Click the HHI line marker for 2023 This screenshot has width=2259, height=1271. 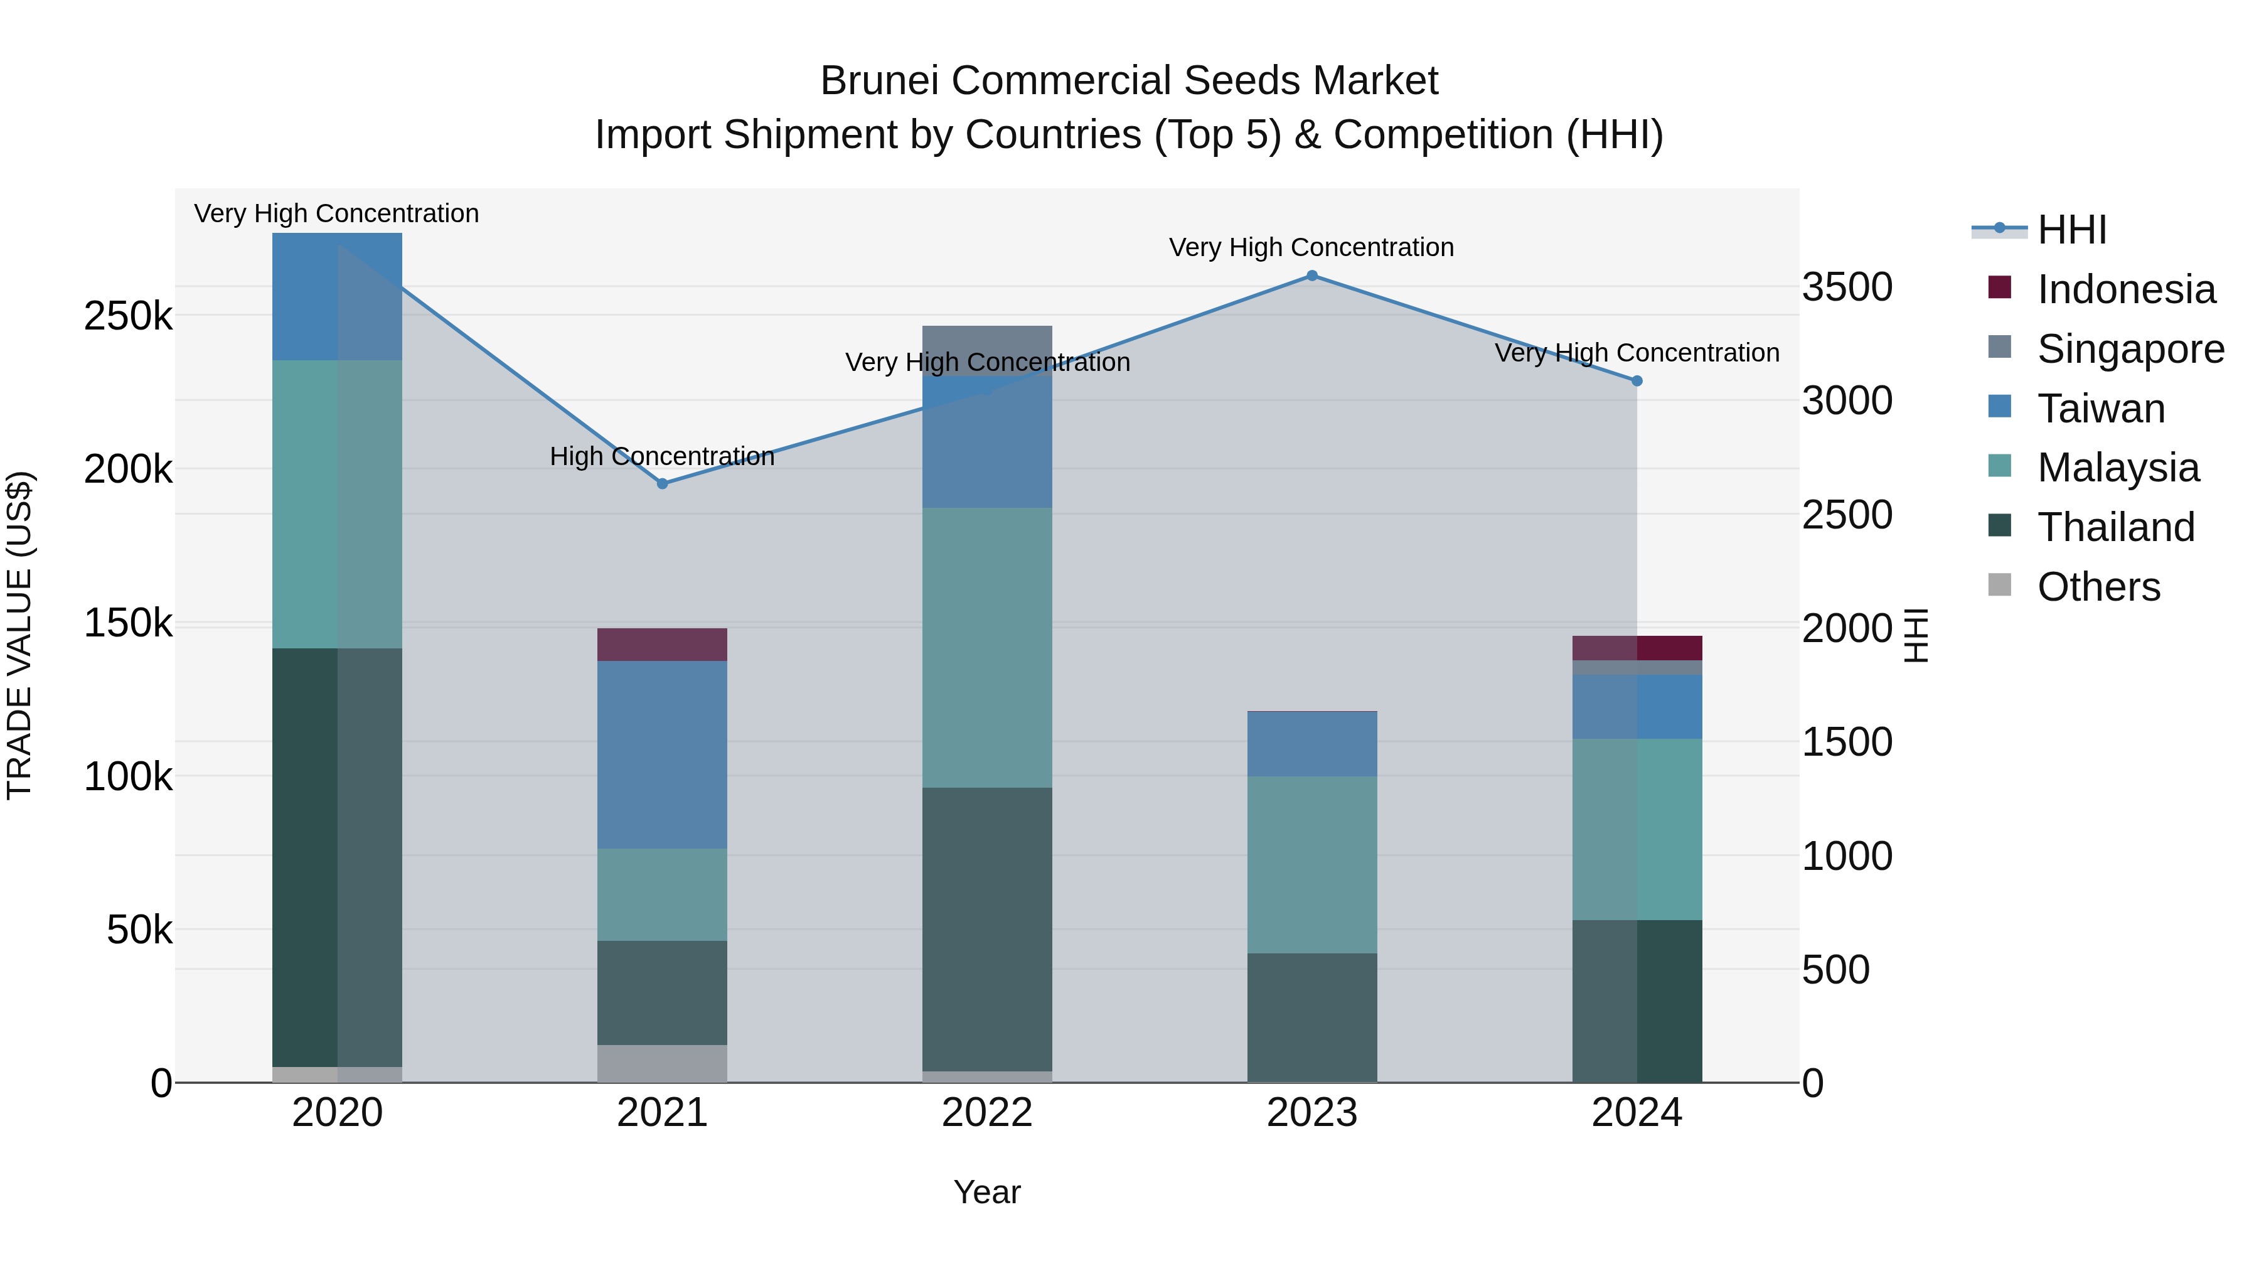click(x=1312, y=276)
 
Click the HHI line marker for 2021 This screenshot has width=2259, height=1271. click(x=662, y=483)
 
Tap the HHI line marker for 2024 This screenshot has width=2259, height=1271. click(x=1637, y=381)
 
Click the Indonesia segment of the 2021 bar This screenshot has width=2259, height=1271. click(x=662, y=645)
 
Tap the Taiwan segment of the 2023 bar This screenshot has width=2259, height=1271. click(x=1312, y=744)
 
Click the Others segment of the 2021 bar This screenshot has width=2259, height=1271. click(x=662, y=1063)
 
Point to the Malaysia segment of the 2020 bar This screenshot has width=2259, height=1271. click(x=337, y=505)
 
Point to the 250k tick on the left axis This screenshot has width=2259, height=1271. click(x=128, y=316)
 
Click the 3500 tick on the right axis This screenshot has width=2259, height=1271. click(x=1847, y=287)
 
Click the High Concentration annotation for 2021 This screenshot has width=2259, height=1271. click(x=662, y=456)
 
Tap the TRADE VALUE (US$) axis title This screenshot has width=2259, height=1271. click(x=19, y=635)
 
